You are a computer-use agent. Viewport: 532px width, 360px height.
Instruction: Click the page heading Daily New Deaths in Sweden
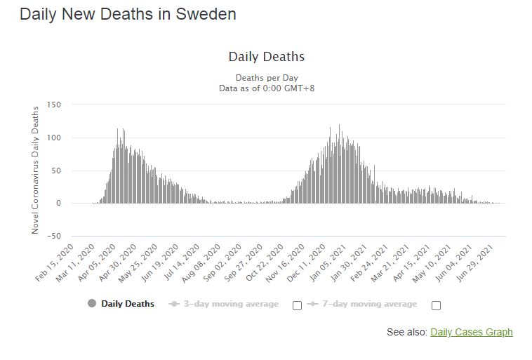click(128, 14)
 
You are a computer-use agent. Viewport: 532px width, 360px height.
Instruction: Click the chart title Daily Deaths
click(266, 57)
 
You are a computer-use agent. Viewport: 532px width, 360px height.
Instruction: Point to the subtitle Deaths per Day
click(266, 77)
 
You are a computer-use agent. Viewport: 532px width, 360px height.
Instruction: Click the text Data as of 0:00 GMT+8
click(266, 88)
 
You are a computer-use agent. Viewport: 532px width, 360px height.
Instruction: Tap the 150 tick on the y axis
click(54, 105)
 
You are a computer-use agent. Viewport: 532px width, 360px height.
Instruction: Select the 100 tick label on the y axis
click(54, 138)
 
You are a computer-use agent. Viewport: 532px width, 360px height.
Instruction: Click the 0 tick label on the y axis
click(58, 204)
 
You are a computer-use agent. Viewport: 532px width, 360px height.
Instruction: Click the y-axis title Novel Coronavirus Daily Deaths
click(35, 171)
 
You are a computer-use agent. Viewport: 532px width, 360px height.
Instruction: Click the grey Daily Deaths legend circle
click(91, 304)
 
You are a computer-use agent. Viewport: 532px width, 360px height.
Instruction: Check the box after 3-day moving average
click(297, 305)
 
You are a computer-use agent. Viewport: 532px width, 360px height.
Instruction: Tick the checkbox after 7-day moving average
click(436, 305)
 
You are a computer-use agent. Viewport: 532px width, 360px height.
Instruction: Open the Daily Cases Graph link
click(471, 332)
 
